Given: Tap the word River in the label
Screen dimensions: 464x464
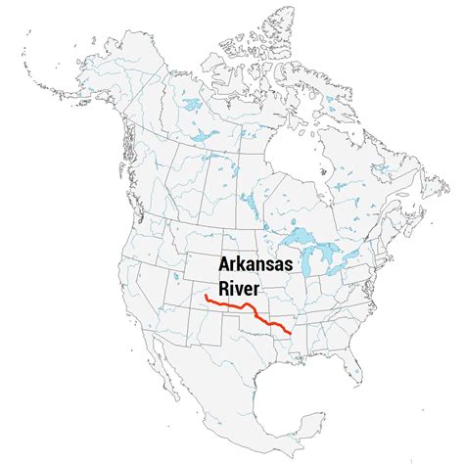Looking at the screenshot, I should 227,289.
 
